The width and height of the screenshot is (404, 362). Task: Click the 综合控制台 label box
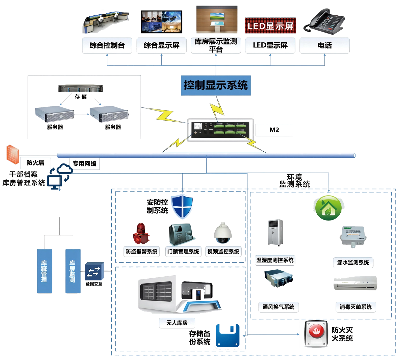pos(107,45)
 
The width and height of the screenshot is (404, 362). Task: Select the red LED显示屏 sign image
pos(270,25)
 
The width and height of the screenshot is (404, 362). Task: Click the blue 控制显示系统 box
pos(216,85)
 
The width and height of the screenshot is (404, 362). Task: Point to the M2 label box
pos(274,130)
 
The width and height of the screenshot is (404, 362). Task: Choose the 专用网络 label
pos(84,163)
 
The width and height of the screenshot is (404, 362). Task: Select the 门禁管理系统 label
pos(183,252)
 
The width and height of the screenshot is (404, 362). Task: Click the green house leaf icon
pos(329,208)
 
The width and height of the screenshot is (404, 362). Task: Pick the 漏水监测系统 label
pos(353,263)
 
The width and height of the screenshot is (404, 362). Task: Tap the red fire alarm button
pos(317,334)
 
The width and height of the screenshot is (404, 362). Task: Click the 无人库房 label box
pos(177,323)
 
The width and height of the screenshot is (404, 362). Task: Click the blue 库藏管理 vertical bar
pos(44,271)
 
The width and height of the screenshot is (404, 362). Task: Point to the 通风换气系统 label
pos(278,307)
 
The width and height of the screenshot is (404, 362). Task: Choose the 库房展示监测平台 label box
pos(216,45)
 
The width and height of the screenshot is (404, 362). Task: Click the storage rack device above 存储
pos(80,89)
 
